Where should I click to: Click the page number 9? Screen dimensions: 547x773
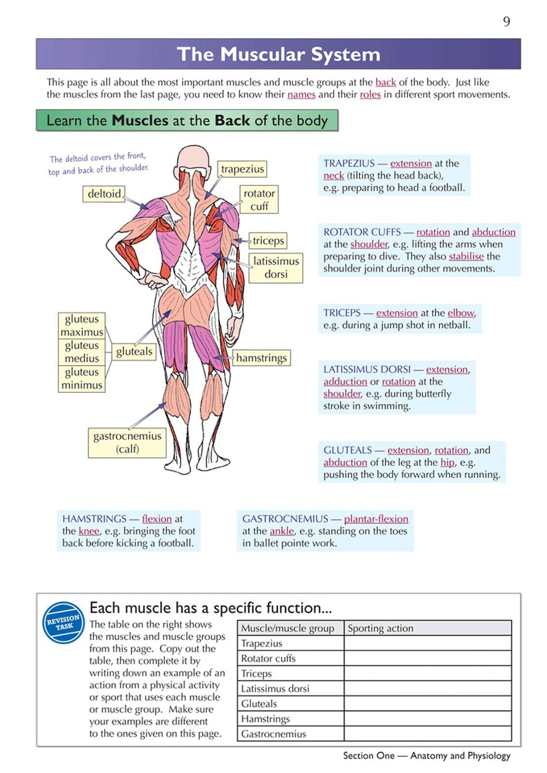point(506,22)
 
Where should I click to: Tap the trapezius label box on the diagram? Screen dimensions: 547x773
point(242,169)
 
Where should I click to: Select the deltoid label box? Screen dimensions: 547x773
point(104,194)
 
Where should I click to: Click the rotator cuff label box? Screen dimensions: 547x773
point(259,200)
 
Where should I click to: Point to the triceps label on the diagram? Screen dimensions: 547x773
point(268,241)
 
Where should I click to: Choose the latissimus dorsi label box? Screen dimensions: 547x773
point(276,268)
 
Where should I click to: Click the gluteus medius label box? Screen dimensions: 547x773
point(82,352)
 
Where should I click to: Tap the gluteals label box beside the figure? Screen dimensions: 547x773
point(134,352)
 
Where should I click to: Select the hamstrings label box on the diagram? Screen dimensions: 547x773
point(261,358)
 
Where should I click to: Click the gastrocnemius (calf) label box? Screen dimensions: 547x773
point(127,443)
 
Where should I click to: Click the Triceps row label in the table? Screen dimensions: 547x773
point(256,673)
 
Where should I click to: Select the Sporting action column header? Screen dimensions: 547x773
point(380,628)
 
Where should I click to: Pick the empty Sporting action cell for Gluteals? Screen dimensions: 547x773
point(428,703)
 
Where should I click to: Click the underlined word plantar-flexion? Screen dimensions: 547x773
point(376,519)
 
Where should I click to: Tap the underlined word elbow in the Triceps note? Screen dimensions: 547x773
point(461,313)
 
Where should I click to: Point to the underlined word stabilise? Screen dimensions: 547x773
point(466,257)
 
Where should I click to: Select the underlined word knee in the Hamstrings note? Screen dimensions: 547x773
point(89,531)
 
